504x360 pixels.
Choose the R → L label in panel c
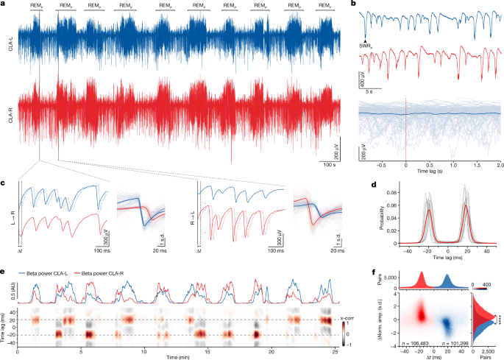tap(191, 212)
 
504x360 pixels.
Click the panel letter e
tap(4, 271)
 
